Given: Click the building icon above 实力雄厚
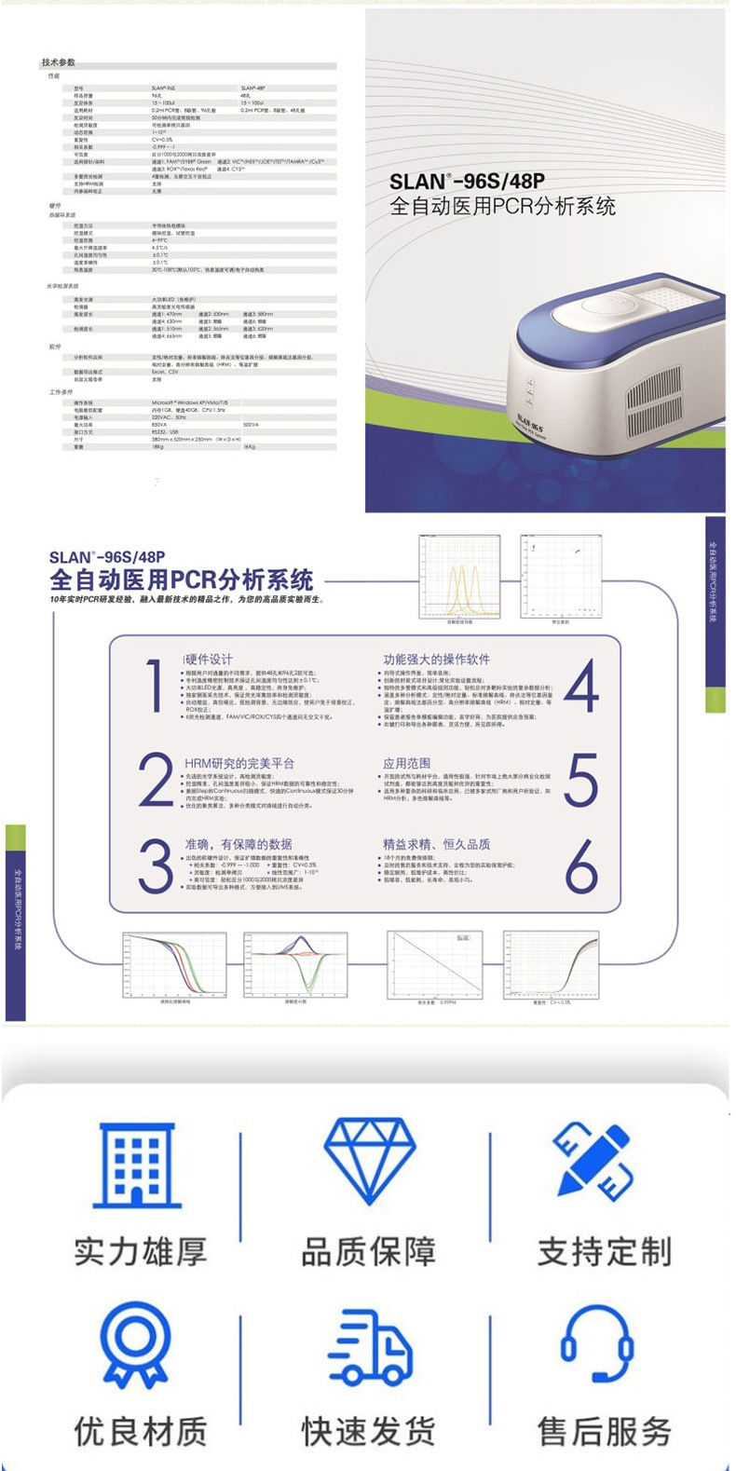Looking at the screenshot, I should click(139, 1165).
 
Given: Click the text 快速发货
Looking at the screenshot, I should click(368, 1431).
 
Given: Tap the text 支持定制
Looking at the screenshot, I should click(604, 1251).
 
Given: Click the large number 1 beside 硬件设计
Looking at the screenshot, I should click(156, 687).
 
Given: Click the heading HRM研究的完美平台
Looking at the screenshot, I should click(239, 763).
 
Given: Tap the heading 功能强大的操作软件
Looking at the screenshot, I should click(436, 660).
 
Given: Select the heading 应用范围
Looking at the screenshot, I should click(407, 763).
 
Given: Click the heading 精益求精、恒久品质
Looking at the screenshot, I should click(436, 844).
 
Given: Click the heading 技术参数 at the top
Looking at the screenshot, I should click(58, 62).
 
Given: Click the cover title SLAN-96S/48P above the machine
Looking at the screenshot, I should click(467, 181).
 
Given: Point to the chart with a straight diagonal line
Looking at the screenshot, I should click(434, 965).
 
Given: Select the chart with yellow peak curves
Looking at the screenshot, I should click(459, 577).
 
